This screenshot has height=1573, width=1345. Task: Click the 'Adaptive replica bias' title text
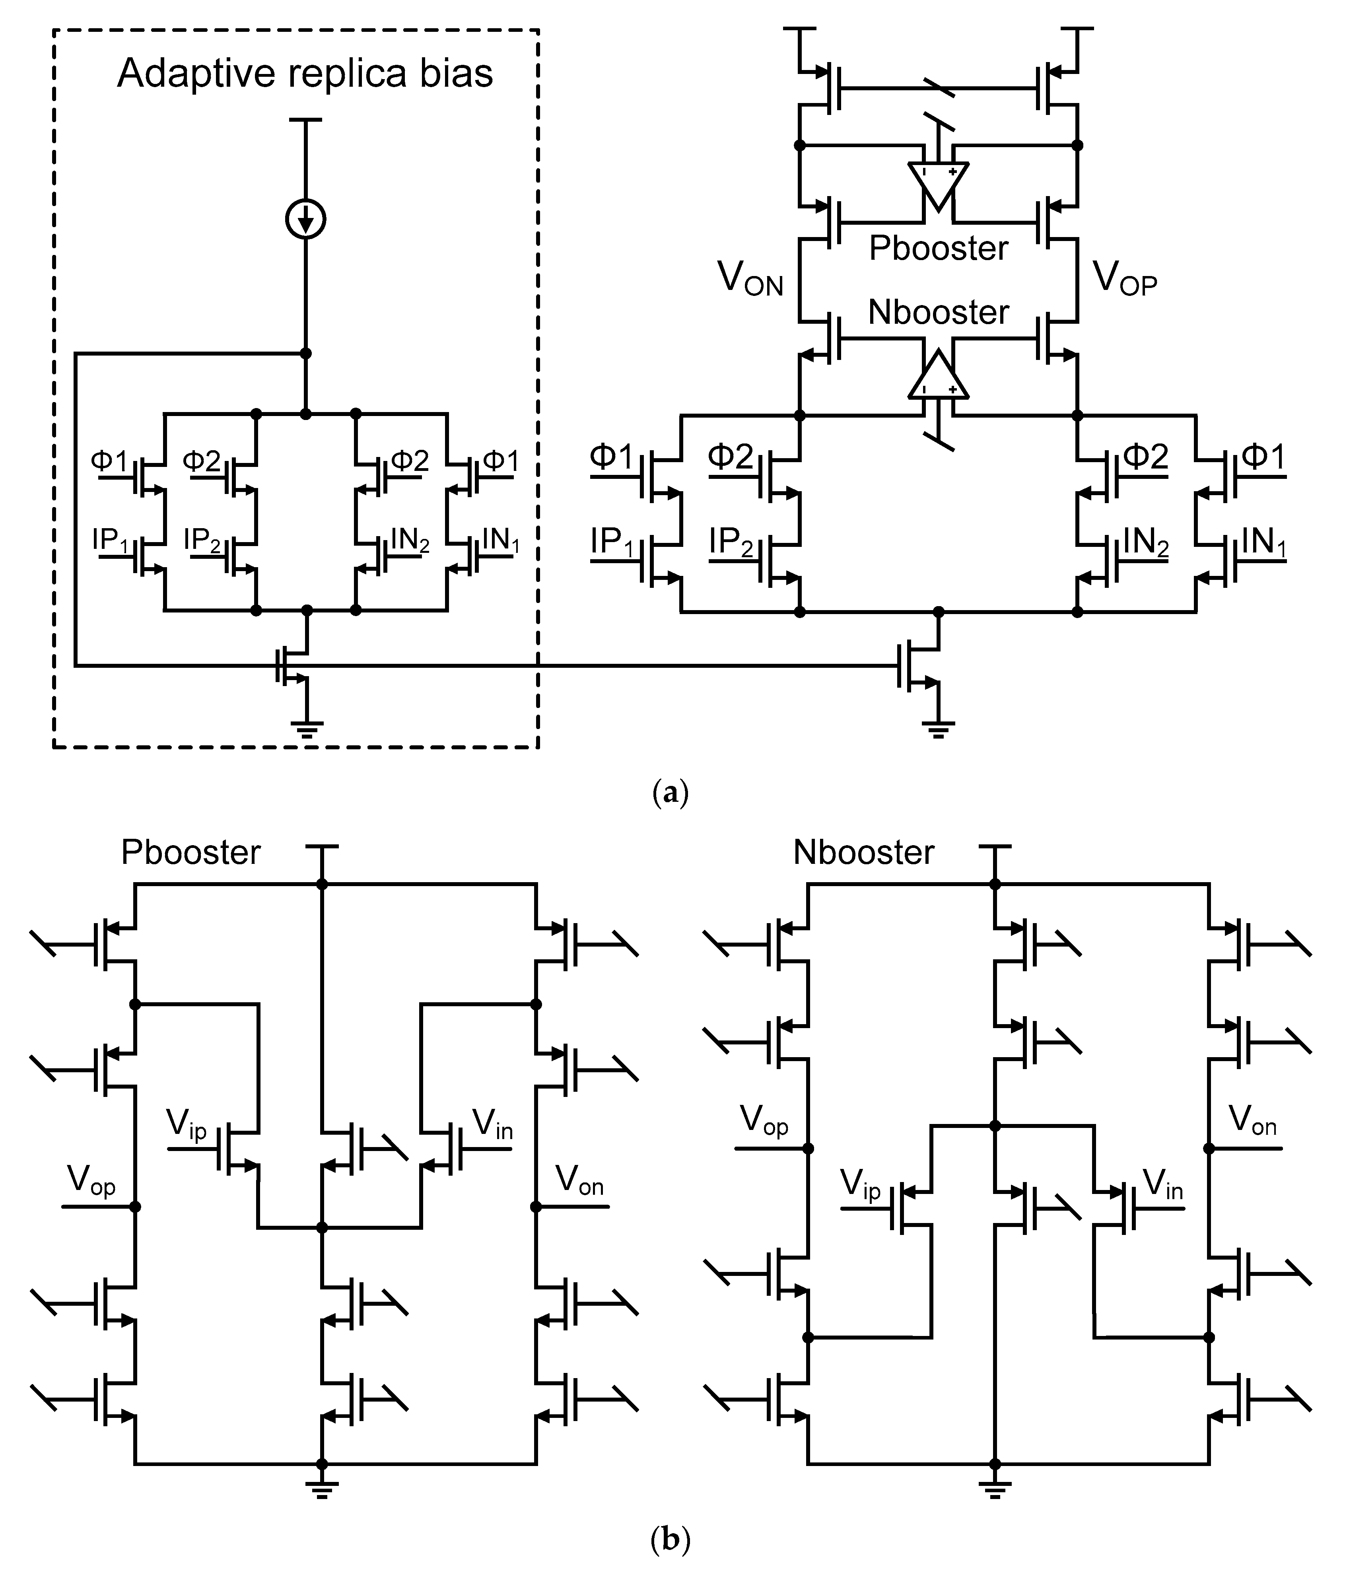[305, 74]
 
